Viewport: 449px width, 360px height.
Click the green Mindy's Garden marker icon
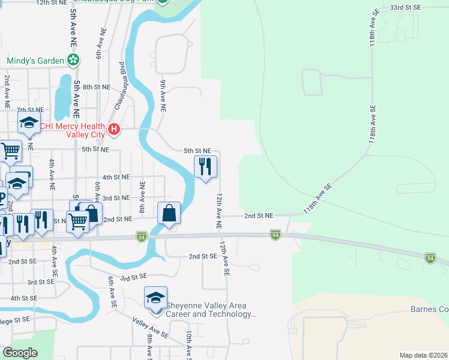point(73,60)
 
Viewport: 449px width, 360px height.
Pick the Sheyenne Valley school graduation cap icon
point(155,298)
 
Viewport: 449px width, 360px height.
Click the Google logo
point(20,353)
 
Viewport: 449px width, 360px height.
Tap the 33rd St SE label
point(406,8)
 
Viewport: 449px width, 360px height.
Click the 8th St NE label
point(97,87)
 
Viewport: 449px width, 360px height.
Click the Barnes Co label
point(430,310)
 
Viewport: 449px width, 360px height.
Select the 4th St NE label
point(116,178)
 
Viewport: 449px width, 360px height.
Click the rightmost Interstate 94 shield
point(430,258)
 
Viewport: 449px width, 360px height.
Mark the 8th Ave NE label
point(143,197)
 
